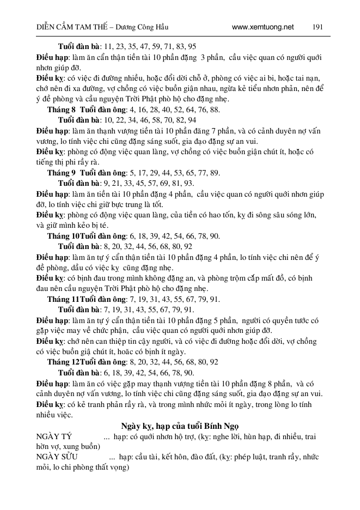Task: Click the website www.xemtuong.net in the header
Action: coord(263,27)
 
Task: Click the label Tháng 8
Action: coord(61,110)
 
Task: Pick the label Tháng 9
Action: coord(61,173)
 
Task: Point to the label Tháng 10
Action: coord(63,236)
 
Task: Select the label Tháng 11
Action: coord(63,299)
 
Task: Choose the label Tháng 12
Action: coord(63,362)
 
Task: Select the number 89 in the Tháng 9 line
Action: coord(215,173)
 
